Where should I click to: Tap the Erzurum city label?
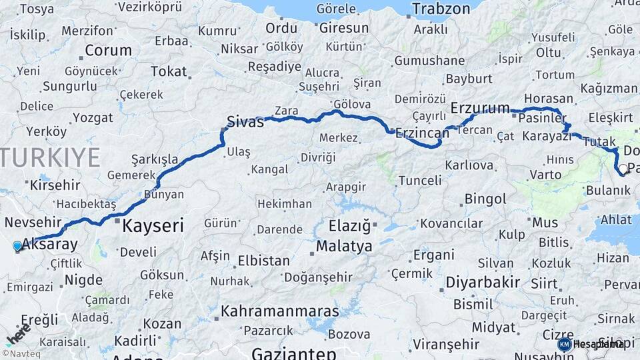pyautogui.click(x=480, y=108)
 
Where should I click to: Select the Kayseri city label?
pyautogui.click(x=153, y=226)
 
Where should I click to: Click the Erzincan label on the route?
pyautogui.click(x=422, y=133)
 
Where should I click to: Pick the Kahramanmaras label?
pyautogui.click(x=280, y=311)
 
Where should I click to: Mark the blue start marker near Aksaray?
pyautogui.click(x=17, y=246)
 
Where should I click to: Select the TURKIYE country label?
pyautogui.click(x=50, y=157)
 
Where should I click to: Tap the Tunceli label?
pyautogui.click(x=420, y=180)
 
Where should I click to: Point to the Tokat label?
pyautogui.click(x=169, y=71)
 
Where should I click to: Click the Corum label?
pyautogui.click(x=109, y=51)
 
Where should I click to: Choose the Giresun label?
pyautogui.click(x=344, y=28)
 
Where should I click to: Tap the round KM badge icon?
pyautogui.click(x=565, y=344)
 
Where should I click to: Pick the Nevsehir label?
pyautogui.click(x=33, y=222)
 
